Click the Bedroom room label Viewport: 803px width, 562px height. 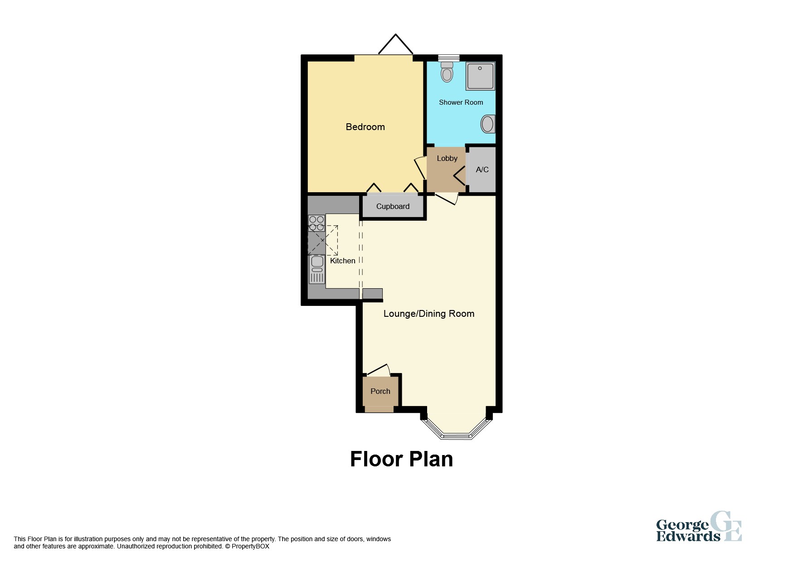365,127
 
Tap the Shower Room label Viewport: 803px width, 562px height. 461,102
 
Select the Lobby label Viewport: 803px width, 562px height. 447,158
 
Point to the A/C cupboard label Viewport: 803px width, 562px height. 482,170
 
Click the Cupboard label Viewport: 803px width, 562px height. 393,206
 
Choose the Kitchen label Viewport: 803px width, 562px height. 342,261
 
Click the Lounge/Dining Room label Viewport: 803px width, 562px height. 428,314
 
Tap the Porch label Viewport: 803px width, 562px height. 380,391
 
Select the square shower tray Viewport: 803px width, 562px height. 480,76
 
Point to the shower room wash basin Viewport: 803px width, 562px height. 488,124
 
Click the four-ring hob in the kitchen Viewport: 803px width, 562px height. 316,223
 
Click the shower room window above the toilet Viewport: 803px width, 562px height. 448,58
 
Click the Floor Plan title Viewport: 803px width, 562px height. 401,459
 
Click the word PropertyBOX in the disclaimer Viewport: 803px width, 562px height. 250,547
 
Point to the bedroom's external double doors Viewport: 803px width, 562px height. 395,46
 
